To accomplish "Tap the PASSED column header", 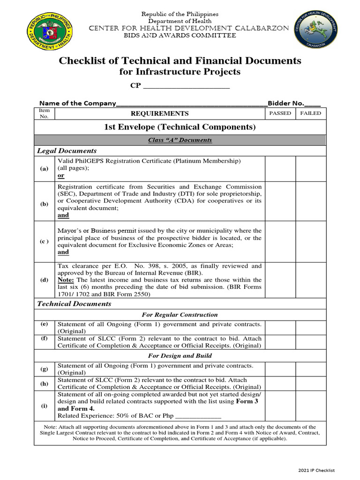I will (x=280, y=113).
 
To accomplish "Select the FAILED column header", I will (x=311, y=113).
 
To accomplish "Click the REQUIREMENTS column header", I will (x=159, y=113).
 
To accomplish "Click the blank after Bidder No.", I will (x=313, y=104).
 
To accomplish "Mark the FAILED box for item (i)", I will (x=311, y=405).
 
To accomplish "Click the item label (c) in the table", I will (x=44, y=241).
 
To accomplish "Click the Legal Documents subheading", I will (x=67, y=150).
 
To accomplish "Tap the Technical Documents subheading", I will (x=74, y=304).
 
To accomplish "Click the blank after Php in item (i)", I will (x=197, y=416).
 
